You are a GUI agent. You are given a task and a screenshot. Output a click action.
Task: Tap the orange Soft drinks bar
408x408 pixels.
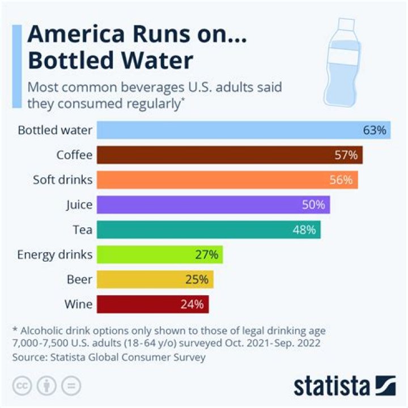point(227,180)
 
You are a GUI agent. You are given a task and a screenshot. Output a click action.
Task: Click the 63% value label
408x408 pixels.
point(375,130)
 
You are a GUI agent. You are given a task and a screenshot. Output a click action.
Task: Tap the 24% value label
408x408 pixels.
point(192,304)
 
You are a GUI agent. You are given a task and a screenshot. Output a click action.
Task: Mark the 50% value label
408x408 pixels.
point(313,205)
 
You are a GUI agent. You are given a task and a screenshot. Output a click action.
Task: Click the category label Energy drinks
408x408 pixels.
point(55,254)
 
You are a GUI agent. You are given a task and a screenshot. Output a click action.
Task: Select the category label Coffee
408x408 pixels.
point(74,155)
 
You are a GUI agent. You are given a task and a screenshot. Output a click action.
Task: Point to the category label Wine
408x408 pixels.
point(79,304)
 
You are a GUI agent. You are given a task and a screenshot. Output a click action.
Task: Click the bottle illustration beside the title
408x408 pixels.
point(343,59)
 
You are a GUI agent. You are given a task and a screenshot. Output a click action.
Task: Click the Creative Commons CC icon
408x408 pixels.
point(22,385)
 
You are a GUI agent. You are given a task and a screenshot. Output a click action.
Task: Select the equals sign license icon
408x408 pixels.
point(71,385)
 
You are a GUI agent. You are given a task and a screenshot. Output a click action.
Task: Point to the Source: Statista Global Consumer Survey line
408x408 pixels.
point(108,357)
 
